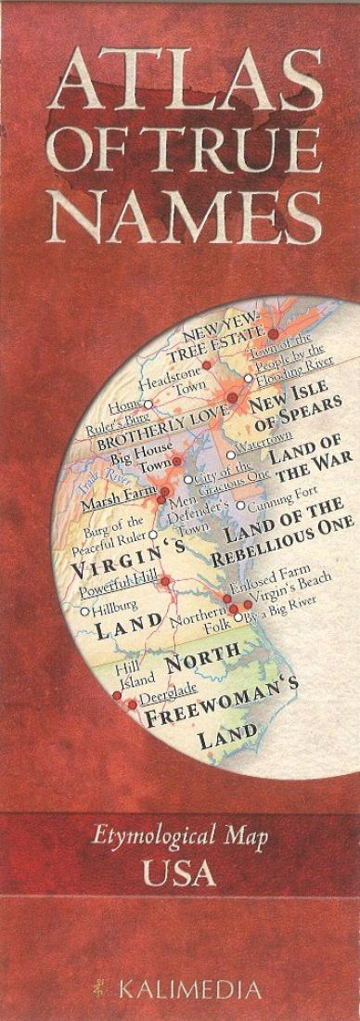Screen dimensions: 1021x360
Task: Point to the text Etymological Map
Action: point(179,839)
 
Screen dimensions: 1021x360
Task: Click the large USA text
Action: point(179,873)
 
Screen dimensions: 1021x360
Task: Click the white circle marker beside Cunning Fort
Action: point(240,506)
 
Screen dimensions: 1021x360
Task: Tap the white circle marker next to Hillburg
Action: point(84,612)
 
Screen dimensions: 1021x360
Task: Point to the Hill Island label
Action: point(128,674)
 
